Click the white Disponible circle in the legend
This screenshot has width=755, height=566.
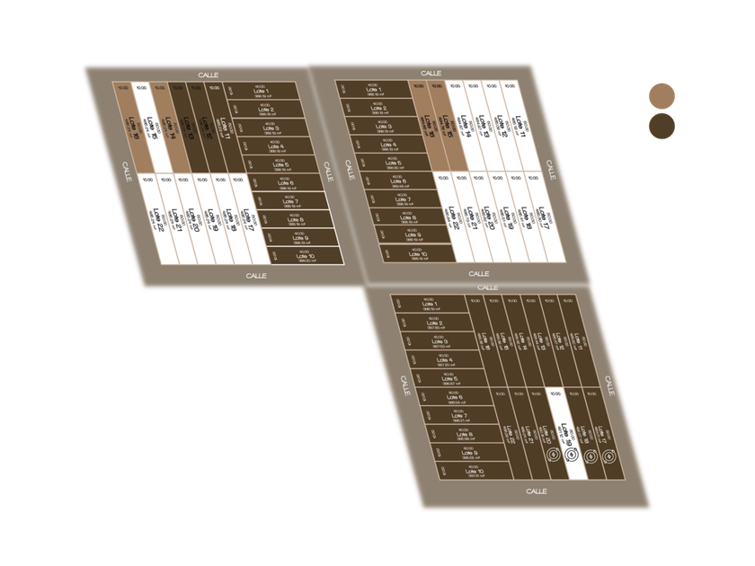tap(662, 66)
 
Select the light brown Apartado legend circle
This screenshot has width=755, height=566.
tap(662, 95)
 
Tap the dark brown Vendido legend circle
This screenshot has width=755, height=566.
tap(662, 126)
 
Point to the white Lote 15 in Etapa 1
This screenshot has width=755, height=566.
tap(155, 126)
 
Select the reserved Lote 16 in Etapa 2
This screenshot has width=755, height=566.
tap(422, 126)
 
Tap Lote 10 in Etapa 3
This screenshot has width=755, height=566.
tap(449, 472)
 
